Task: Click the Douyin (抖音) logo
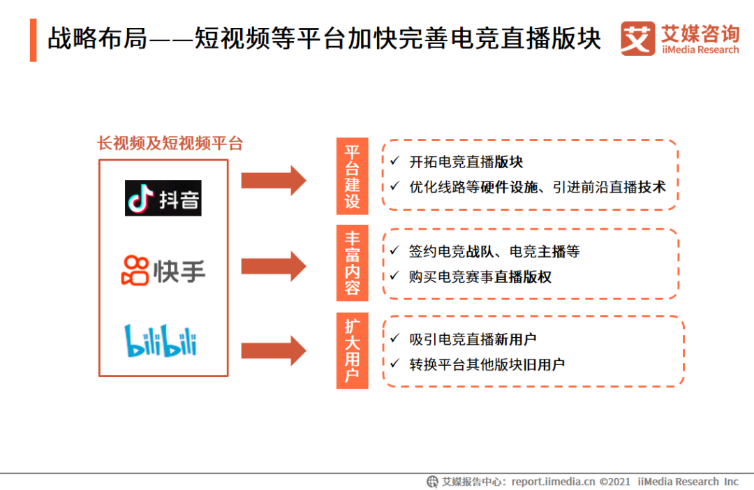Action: pos(163,198)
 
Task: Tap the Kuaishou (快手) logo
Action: pos(164,270)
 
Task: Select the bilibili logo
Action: pos(161,341)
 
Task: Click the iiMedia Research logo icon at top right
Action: pos(637,38)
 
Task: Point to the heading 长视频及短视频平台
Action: pos(170,144)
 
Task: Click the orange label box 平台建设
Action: pos(352,175)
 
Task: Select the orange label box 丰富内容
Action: pos(352,262)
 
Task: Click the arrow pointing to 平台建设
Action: pos(274,181)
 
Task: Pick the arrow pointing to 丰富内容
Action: pos(274,266)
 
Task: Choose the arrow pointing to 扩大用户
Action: pos(274,350)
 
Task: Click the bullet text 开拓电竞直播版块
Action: pos(466,162)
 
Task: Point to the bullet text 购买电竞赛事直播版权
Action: pos(480,276)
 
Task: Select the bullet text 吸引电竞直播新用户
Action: pos(473,339)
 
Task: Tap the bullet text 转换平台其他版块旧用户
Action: pos(487,364)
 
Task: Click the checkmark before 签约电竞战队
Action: pos(395,251)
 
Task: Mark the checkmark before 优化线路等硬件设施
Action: pos(395,186)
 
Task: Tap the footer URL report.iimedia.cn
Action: pos(553,482)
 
